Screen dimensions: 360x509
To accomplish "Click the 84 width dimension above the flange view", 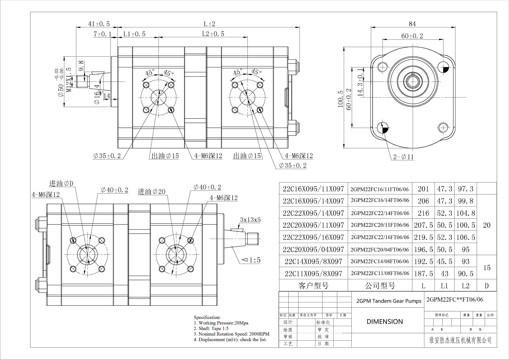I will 412,24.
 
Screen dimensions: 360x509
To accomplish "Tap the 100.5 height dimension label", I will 340,99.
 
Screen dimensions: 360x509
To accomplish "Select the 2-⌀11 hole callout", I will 403,157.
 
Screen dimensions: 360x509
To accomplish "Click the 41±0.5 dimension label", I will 99,24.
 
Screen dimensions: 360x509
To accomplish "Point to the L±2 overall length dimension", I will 209,24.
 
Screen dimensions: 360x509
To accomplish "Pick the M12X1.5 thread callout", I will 70,80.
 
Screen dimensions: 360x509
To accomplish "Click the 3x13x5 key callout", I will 250,220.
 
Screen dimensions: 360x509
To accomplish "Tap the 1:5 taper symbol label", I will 251,260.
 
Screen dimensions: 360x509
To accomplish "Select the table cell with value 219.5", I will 423,237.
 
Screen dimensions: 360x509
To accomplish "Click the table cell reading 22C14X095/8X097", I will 313,262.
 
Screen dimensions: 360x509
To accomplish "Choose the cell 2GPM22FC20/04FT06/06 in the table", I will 380,250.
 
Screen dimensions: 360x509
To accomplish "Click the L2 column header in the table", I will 465,286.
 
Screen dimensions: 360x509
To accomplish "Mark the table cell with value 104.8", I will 466,213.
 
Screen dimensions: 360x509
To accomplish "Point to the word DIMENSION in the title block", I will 385,322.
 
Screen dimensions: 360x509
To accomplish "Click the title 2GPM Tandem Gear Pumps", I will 389,301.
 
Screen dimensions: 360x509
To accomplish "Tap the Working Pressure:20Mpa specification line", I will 221,323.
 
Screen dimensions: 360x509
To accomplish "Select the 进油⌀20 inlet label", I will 151,192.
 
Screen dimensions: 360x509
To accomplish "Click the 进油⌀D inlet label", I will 61,184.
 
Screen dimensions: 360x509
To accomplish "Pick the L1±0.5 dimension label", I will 134,34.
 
